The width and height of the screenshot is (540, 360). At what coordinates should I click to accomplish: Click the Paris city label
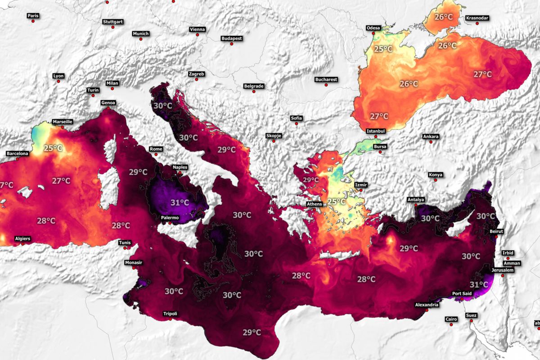click(33, 16)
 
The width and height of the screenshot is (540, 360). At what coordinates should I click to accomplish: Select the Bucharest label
click(326, 79)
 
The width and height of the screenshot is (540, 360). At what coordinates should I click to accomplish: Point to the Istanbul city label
click(376, 131)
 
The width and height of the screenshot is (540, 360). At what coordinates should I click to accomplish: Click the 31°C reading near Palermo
click(180, 202)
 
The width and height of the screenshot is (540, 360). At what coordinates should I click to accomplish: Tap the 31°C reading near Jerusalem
click(478, 284)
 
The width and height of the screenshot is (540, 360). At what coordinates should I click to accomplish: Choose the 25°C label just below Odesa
click(383, 49)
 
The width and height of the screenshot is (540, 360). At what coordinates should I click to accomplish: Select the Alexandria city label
click(426, 305)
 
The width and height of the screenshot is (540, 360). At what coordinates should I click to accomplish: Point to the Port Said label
click(462, 294)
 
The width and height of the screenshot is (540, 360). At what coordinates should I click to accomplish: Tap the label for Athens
click(315, 204)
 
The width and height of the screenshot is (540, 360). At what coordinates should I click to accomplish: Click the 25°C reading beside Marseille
click(53, 148)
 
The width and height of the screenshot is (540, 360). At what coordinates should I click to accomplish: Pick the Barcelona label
click(17, 153)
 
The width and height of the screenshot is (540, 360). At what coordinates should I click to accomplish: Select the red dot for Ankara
click(431, 142)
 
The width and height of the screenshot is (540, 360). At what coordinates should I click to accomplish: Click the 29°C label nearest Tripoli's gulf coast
click(252, 333)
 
